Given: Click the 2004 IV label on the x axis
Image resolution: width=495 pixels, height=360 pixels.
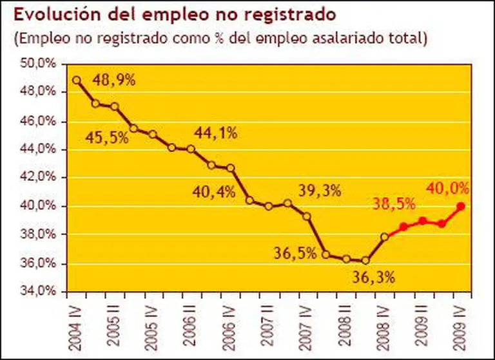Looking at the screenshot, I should (75, 327).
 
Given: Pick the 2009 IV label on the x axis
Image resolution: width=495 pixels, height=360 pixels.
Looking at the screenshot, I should (460, 327).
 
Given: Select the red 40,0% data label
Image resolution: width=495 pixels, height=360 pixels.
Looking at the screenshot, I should (447, 188).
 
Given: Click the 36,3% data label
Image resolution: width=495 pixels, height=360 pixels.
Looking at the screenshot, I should (374, 279).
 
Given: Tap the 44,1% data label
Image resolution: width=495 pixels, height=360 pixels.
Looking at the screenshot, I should (216, 133).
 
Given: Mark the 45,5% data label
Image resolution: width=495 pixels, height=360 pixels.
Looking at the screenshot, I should (107, 138).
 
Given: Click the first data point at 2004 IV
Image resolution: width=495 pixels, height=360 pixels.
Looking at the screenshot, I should (77, 81).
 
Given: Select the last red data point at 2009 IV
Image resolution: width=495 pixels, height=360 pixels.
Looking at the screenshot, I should (460, 207).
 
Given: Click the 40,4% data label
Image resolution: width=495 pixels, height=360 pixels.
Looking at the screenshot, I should (211, 191).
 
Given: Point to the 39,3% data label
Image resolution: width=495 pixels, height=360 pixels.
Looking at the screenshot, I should (320, 191).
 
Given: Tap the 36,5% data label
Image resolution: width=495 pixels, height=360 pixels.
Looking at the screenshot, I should (295, 253).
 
